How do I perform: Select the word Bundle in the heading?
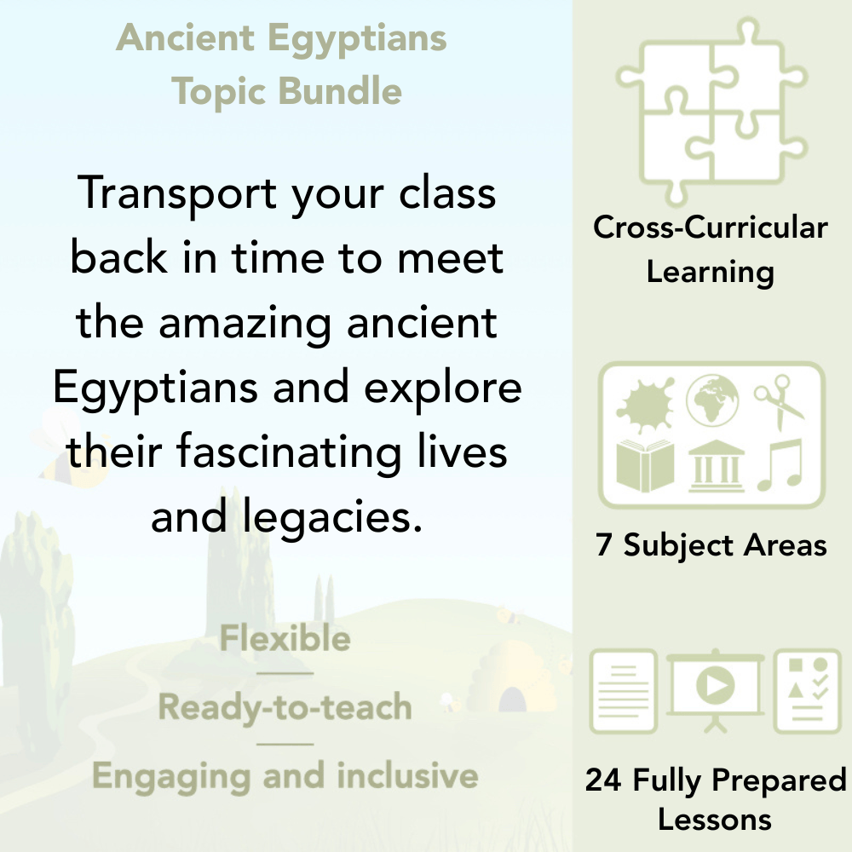344,91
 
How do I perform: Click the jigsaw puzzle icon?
711,112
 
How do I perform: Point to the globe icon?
711,401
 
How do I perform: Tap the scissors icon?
778,400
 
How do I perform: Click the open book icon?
645,464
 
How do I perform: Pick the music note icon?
777,465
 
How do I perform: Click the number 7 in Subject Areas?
604,545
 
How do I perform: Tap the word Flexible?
285,639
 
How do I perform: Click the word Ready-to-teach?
285,707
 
